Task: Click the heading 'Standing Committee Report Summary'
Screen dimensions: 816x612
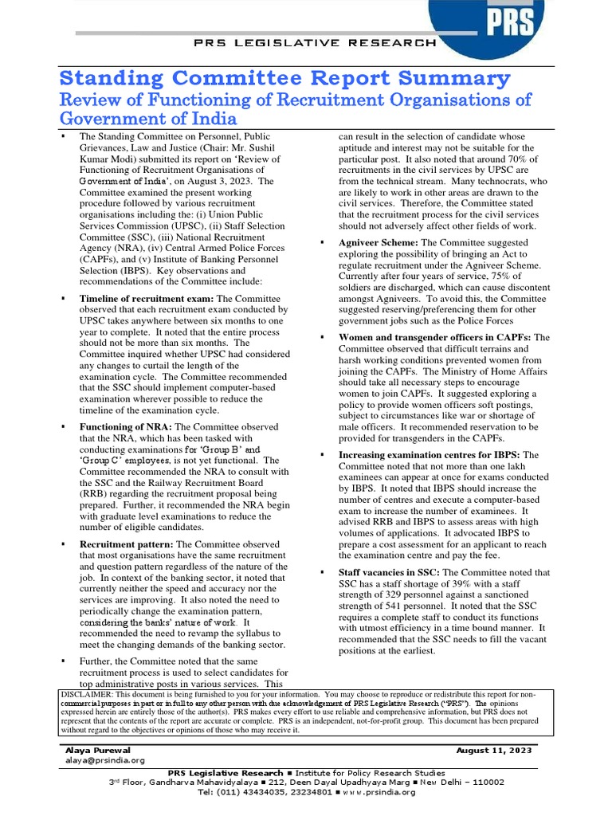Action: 285,78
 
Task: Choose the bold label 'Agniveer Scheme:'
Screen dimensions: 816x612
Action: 379,242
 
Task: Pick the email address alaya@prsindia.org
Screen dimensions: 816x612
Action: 105,760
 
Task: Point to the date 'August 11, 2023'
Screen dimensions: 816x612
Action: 493,750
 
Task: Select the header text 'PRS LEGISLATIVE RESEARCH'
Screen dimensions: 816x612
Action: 316,43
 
